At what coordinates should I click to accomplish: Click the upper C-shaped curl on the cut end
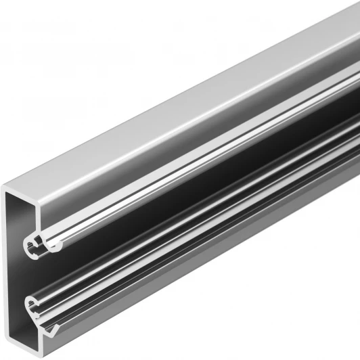pyautogui.click(x=37, y=244)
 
